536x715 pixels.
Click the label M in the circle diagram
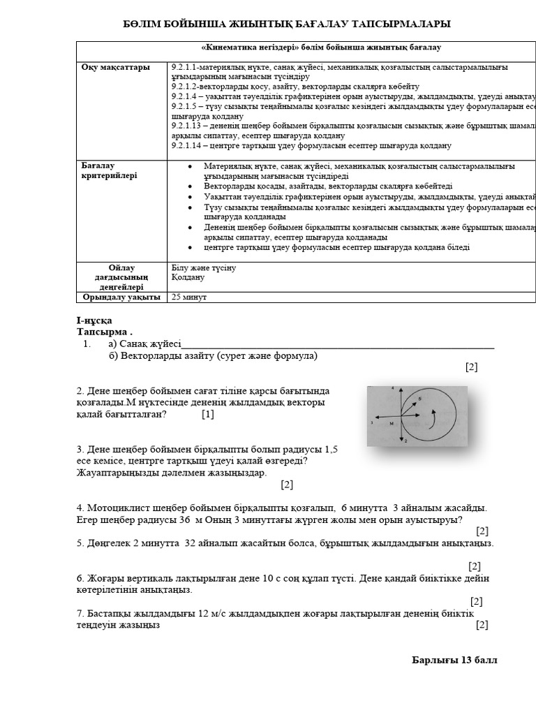point(392,423)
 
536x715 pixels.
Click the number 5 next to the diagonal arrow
point(419,399)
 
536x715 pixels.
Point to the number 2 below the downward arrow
point(405,441)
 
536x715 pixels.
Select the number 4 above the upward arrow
point(394,388)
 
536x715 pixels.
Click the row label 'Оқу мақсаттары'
point(116,68)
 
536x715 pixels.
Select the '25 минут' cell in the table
point(189,297)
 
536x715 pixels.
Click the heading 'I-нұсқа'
point(94,320)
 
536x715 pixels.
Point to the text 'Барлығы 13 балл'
point(454,660)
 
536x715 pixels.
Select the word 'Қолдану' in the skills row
point(188,277)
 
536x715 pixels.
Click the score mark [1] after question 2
point(208,414)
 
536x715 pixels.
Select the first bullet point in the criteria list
point(190,167)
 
